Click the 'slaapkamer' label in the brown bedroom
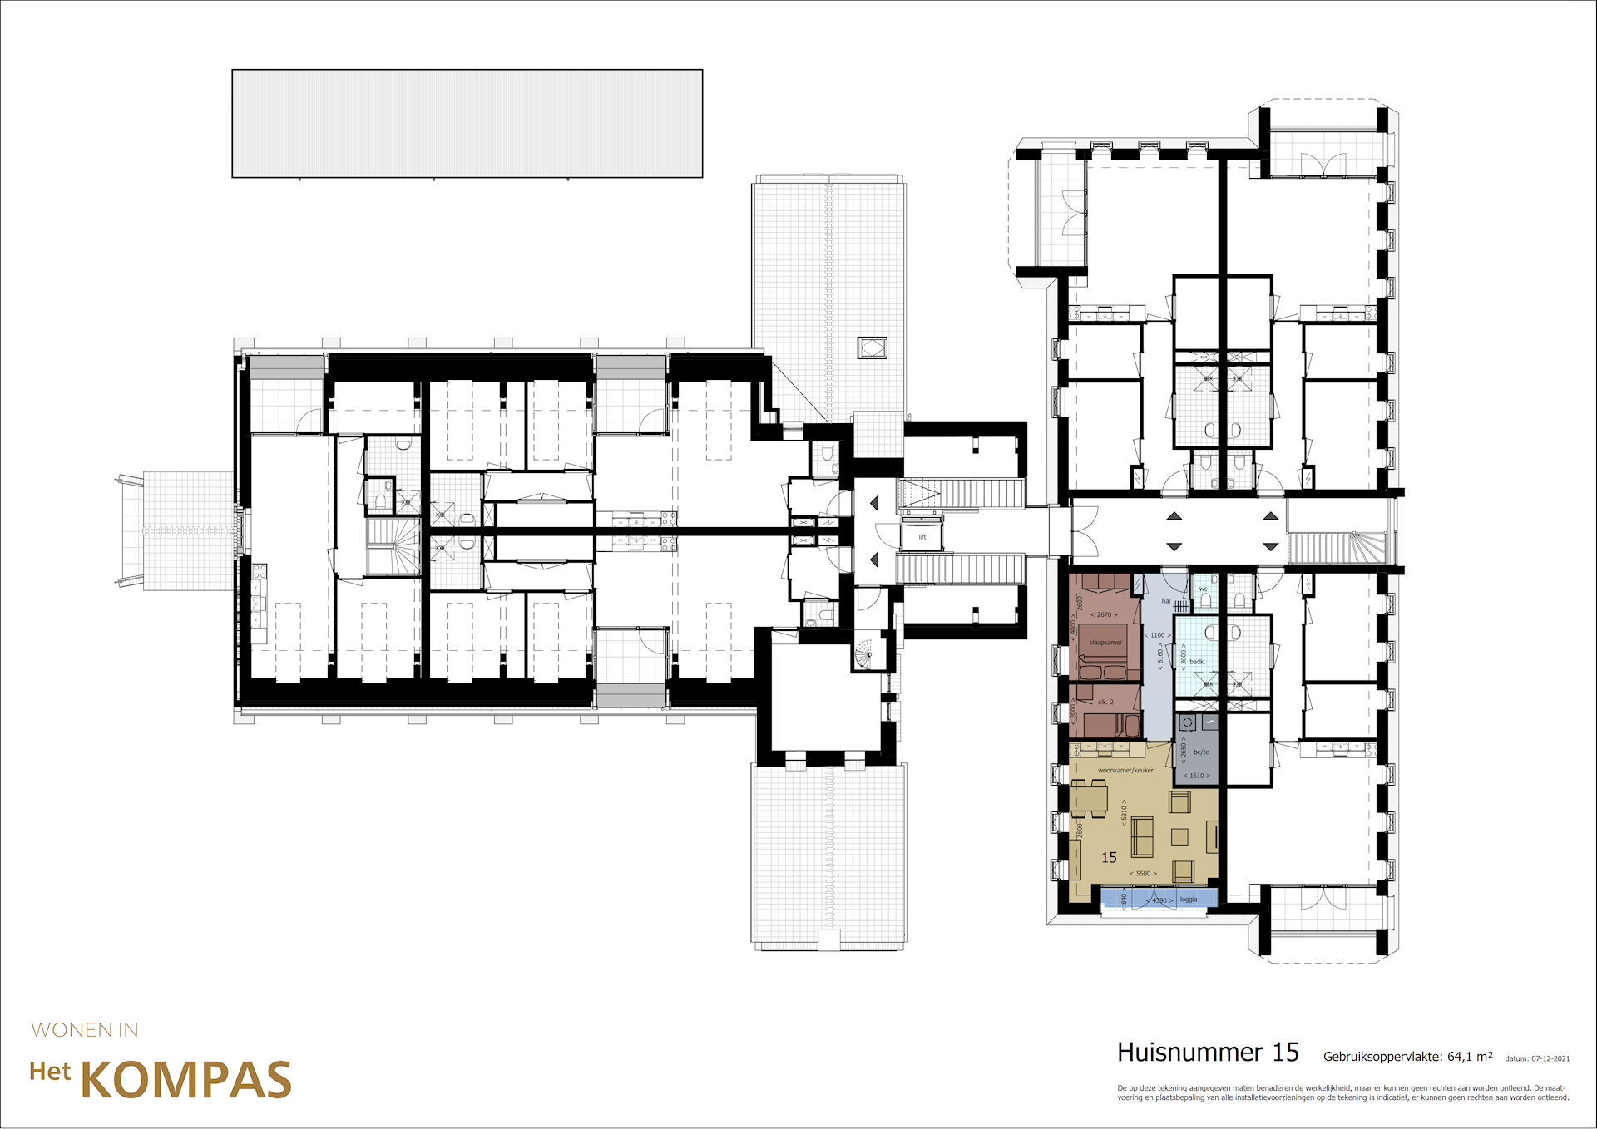[x=1105, y=643]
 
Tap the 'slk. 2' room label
[x=1105, y=703]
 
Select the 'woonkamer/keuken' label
[x=1126, y=771]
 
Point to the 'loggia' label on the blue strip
[x=1189, y=900]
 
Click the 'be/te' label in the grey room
[x=1201, y=752]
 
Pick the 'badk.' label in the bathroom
[x=1197, y=662]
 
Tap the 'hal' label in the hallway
[x=1165, y=601]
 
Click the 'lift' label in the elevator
[x=922, y=537]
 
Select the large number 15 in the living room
[x=1109, y=858]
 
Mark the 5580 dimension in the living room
[x=1143, y=874]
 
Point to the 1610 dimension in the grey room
[x=1196, y=776]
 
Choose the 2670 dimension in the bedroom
[x=1104, y=615]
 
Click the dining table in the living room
[x=1089, y=798]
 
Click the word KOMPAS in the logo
[x=185, y=1080]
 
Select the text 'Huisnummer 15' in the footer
[x=1208, y=1053]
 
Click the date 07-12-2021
[x=1550, y=1059]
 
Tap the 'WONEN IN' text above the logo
[x=85, y=1030]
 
